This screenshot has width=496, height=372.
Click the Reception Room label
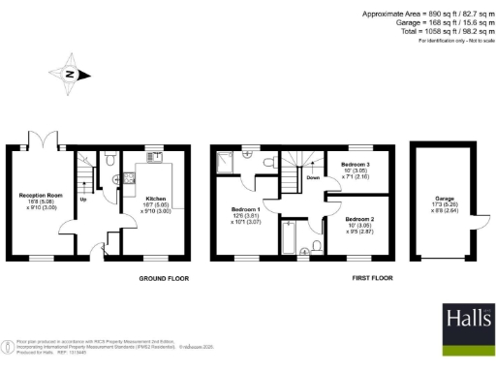(x=35, y=195)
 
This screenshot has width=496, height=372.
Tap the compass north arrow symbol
(x=70, y=74)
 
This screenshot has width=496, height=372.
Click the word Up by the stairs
(x=83, y=201)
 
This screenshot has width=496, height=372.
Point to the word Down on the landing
(x=313, y=178)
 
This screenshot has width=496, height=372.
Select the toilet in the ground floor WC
(x=112, y=157)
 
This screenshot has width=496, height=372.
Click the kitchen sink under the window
(x=154, y=155)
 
